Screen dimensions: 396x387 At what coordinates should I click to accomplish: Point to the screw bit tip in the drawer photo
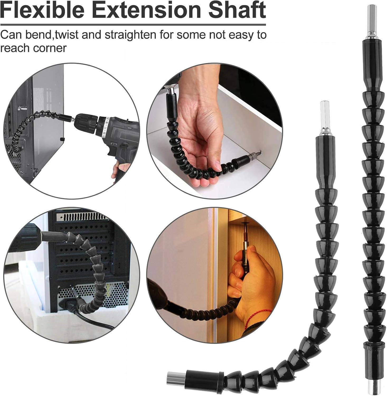[x=260, y=152]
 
